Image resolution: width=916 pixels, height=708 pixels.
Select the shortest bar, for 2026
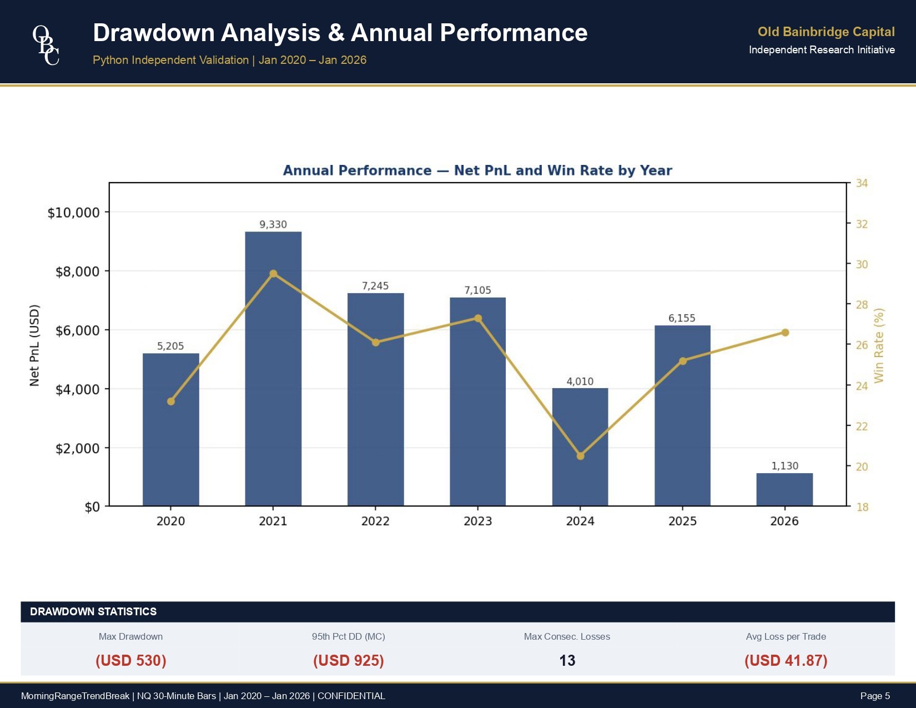coord(784,489)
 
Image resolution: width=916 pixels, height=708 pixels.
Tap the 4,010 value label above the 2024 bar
coord(580,381)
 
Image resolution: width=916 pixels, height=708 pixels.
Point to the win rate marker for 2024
coord(580,456)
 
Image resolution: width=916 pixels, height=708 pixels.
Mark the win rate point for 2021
coord(273,274)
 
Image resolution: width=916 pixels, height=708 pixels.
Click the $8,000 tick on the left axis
coord(78,272)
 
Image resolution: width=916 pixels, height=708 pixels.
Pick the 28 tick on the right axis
coord(862,304)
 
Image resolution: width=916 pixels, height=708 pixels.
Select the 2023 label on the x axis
coord(477,521)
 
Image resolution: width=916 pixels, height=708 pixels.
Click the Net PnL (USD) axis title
coord(34,345)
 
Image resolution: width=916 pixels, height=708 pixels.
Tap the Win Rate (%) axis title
coord(878,345)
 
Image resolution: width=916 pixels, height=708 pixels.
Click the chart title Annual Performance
coord(477,170)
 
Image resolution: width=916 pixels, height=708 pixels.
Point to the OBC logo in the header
coord(46,45)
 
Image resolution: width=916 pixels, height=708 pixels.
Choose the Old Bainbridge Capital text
coord(826,32)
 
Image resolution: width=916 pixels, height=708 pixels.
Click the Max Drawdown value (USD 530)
coord(131,660)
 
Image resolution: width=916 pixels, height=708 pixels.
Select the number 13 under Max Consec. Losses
coord(567,660)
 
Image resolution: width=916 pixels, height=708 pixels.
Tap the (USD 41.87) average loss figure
coord(786,660)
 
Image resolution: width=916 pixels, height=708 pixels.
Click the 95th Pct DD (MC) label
coord(348,636)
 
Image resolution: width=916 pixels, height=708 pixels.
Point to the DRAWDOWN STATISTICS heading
coord(93,611)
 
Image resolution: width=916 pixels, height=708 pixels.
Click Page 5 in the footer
coord(875,696)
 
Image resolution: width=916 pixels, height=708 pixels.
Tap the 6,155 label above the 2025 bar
coord(682,318)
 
